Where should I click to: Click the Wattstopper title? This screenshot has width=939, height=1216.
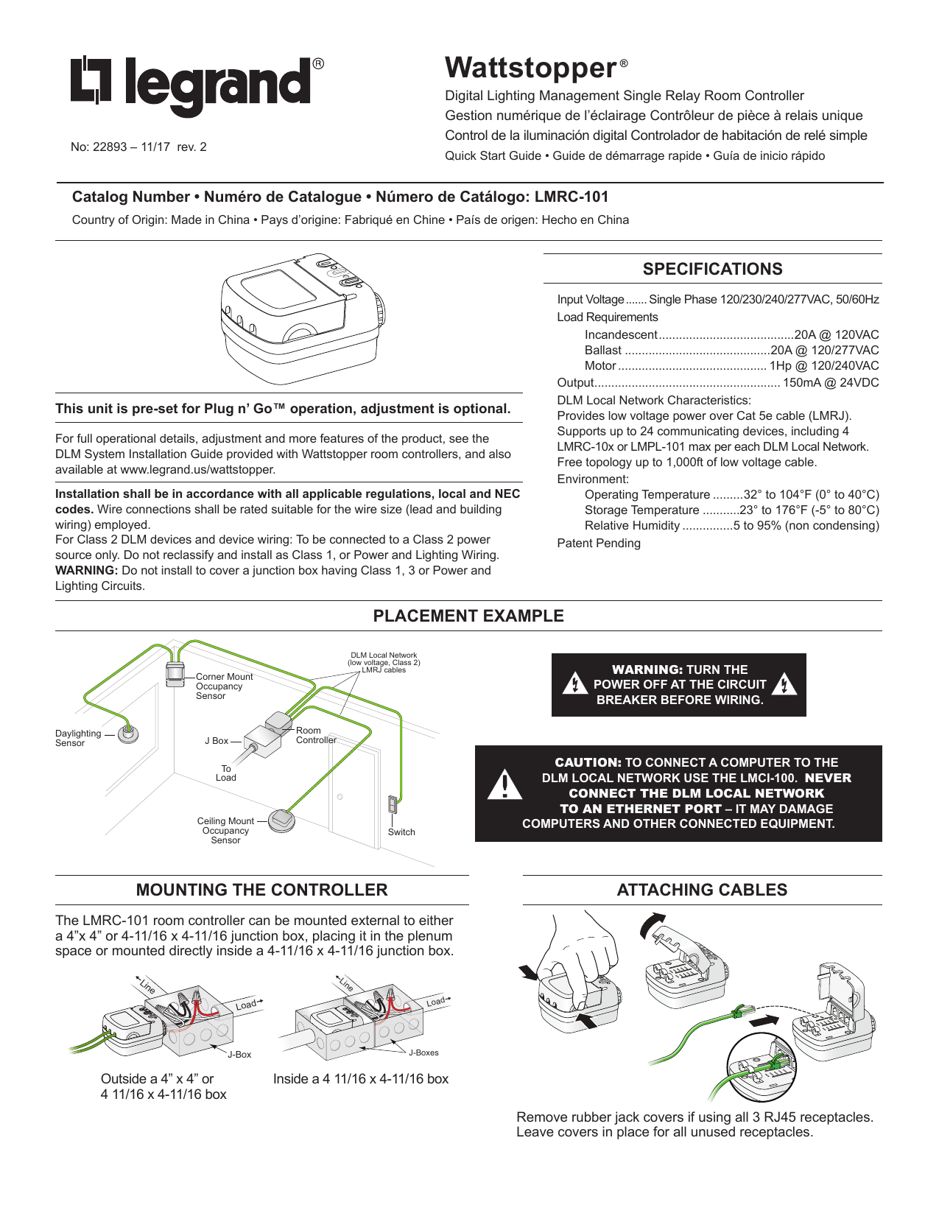tap(531, 68)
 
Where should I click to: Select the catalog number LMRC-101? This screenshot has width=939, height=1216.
tap(572, 197)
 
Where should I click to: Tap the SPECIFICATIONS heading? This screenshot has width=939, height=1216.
tap(712, 270)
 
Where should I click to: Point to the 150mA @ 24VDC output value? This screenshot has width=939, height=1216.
tap(830, 383)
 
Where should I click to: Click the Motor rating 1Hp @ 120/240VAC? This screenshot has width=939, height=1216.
tap(824, 366)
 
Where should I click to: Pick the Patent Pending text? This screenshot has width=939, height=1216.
tap(598, 544)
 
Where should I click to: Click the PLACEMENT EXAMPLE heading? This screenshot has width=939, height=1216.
tap(468, 616)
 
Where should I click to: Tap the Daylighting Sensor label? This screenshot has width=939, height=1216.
tap(77, 738)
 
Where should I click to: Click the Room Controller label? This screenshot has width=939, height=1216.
tap(316, 735)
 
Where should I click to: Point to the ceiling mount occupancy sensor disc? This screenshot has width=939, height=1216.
tap(281, 820)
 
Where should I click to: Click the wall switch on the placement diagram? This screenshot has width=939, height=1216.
tap(393, 804)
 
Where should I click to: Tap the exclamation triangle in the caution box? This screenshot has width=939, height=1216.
tap(504, 785)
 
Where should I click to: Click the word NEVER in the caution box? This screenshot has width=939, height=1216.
tap(828, 779)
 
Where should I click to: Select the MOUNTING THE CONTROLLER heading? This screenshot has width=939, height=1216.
tap(261, 890)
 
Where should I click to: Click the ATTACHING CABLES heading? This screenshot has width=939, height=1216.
tap(702, 890)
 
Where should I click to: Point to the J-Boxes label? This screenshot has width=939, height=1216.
tap(423, 1052)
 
